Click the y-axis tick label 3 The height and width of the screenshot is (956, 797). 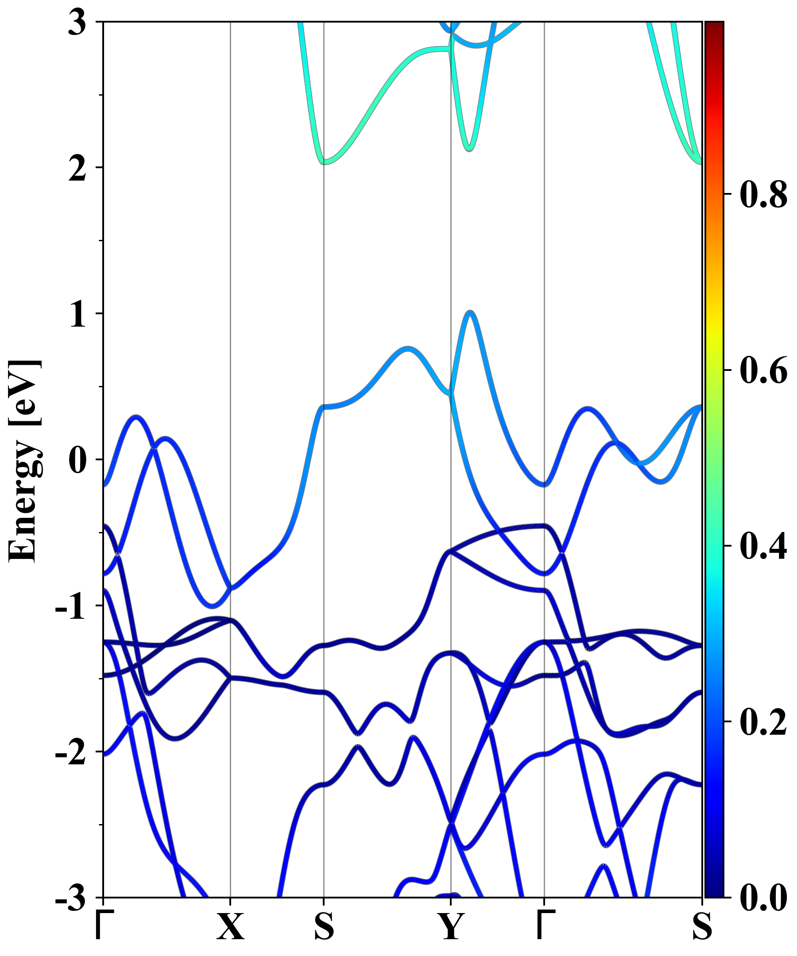77,23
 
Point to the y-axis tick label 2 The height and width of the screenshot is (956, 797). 77,169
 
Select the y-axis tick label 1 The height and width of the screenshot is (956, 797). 77,315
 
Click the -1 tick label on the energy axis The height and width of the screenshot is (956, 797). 70,607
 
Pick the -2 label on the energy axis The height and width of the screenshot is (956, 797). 70,753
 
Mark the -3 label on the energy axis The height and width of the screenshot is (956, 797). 70,899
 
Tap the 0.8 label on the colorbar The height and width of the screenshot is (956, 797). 763,194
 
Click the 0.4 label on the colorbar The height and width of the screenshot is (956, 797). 763,546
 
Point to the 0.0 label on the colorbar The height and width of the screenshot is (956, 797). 763,898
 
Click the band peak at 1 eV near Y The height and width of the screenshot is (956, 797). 471,312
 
